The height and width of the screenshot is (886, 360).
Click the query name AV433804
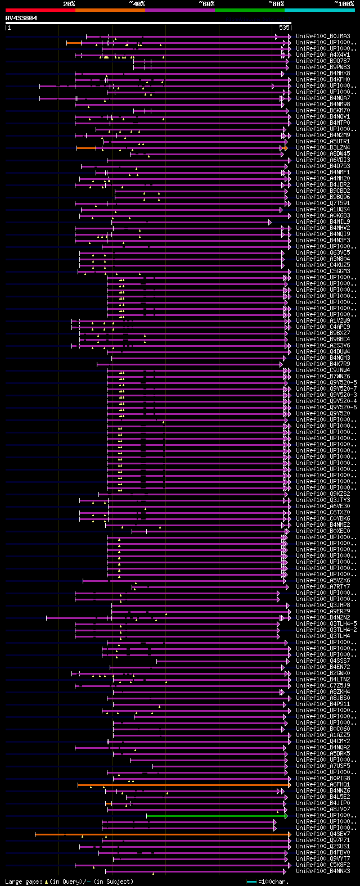click(x=21, y=18)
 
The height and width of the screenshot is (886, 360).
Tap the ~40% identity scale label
click(x=137, y=4)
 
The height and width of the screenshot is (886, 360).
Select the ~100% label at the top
click(x=344, y=4)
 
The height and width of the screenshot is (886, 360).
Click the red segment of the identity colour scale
click(x=40, y=10)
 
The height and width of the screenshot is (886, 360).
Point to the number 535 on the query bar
click(x=284, y=28)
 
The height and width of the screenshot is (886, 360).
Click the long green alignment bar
click(x=214, y=816)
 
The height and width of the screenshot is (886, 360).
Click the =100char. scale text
click(x=274, y=882)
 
